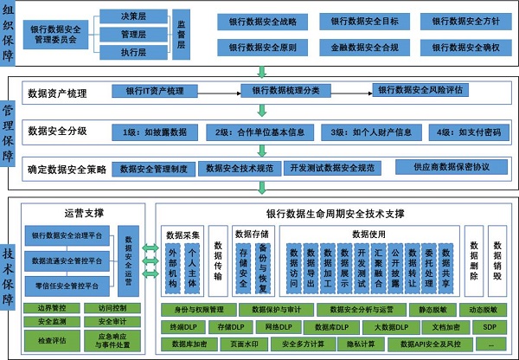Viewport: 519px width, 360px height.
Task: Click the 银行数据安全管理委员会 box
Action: pos(56,35)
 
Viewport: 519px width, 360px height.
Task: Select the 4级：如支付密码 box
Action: pos(467,132)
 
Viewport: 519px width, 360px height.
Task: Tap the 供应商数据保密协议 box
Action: pos(451,166)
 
